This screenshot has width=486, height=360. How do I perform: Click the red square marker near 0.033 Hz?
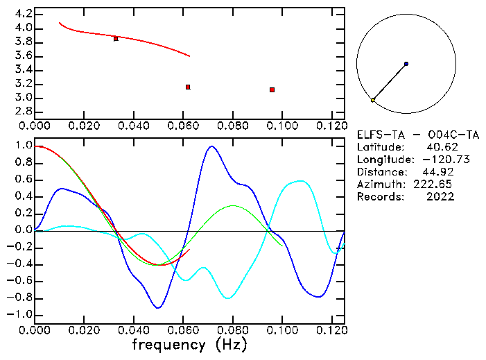click(x=116, y=39)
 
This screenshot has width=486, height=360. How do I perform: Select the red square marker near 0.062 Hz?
click(x=188, y=87)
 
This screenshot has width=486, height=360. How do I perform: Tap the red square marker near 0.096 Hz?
click(x=272, y=89)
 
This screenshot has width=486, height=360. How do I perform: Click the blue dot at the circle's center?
click(x=406, y=64)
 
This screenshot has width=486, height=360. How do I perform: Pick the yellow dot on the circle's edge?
click(x=372, y=101)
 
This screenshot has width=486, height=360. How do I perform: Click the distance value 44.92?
click(x=440, y=171)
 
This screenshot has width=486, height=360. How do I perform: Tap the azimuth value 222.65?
click(x=436, y=184)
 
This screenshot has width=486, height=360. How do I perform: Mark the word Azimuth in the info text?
click(x=379, y=184)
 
